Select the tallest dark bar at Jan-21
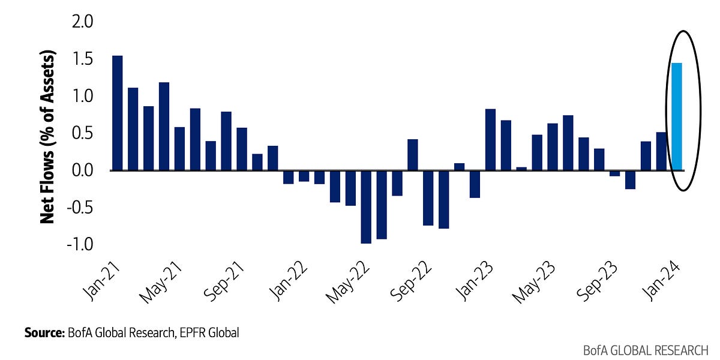click(x=118, y=113)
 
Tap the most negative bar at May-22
click(x=366, y=207)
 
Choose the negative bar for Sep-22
click(x=428, y=198)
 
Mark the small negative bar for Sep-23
click(x=614, y=173)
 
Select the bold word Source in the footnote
click(x=43, y=332)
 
